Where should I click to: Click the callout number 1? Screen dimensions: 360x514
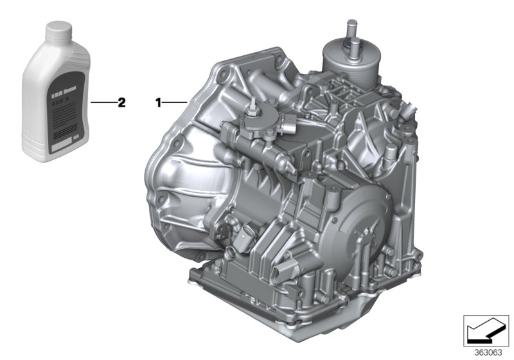point(156,102)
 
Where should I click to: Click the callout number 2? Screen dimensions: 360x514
point(120,102)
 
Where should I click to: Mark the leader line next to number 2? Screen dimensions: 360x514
point(103,102)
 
